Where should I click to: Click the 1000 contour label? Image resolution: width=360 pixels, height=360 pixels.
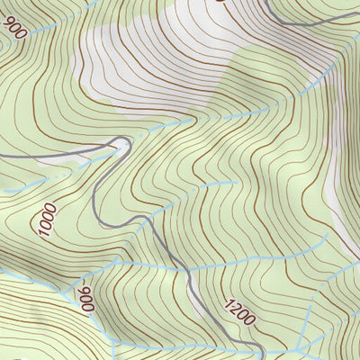[48, 220]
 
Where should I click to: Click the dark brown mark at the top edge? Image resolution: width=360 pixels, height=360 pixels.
[219, 2]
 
